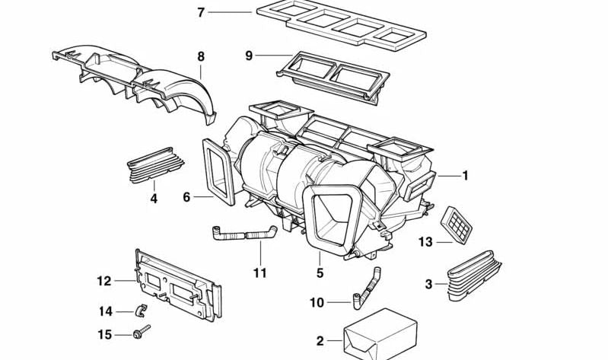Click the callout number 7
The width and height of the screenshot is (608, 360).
coord(200,12)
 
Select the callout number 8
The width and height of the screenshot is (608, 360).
coord(201,56)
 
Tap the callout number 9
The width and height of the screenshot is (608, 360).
coord(249,55)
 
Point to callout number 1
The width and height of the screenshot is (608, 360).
coord(465,176)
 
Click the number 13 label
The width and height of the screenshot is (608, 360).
coord(425,242)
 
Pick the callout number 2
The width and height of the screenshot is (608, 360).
coord(320,340)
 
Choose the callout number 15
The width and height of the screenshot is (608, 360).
coord(105,334)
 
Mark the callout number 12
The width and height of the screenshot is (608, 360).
coord(104,281)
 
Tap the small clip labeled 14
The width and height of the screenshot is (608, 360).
coord(140,310)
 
